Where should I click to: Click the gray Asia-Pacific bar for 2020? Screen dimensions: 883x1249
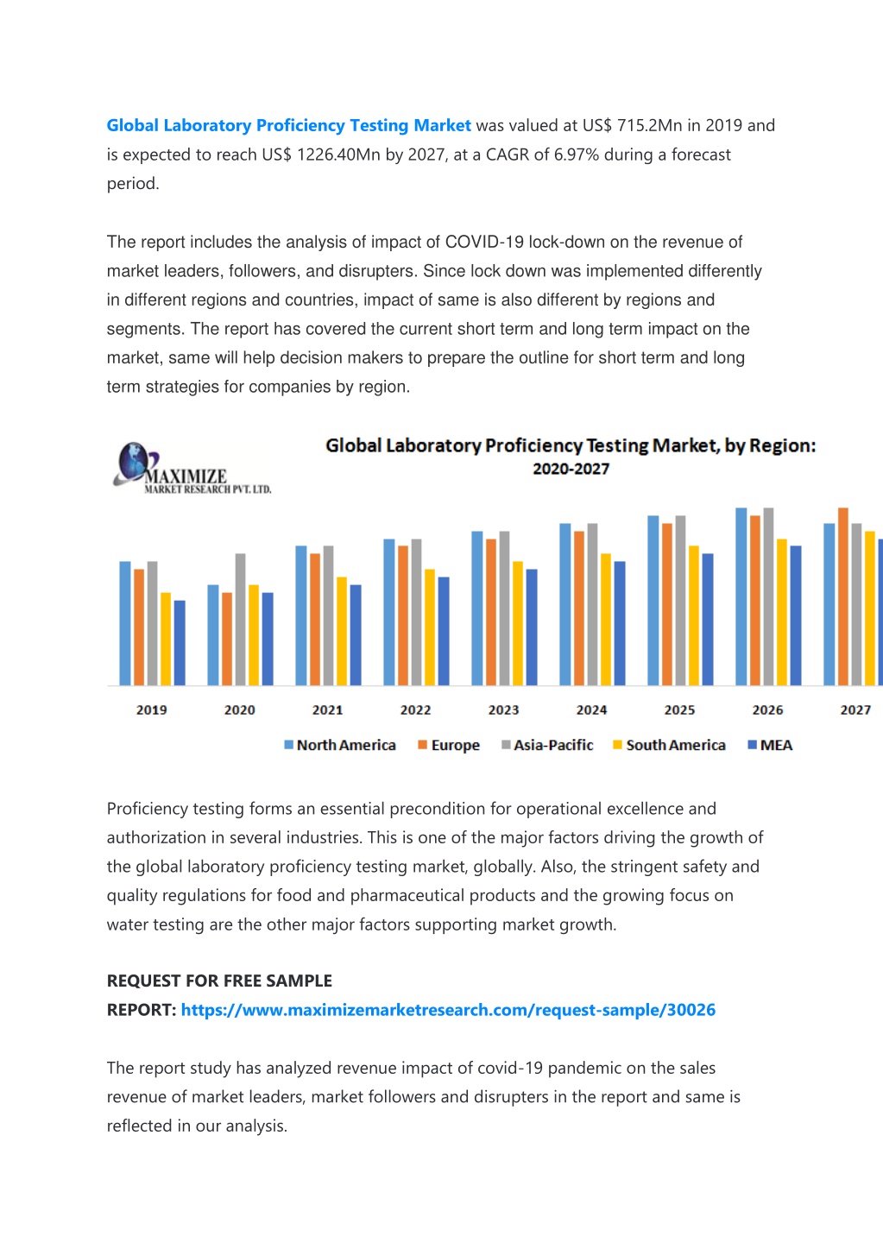[240, 619]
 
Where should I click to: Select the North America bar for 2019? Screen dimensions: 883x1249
[125, 623]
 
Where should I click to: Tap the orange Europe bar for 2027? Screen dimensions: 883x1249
[842, 596]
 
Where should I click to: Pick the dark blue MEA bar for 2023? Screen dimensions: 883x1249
[532, 627]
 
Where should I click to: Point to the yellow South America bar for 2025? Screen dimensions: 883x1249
[693, 615]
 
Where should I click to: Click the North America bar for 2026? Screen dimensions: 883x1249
[741, 596]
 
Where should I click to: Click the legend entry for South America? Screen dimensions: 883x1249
[669, 745]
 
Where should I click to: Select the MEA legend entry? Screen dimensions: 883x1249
[770, 745]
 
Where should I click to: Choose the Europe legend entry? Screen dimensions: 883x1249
[449, 745]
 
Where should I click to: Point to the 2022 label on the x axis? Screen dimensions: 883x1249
[415, 710]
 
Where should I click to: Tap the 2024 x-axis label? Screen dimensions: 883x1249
[591, 710]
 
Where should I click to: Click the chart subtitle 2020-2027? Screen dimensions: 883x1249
[571, 469]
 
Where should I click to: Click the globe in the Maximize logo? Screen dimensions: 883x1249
[133, 461]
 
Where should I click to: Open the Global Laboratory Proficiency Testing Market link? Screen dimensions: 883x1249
[289, 125]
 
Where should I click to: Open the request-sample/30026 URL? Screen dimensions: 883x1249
[448, 1010]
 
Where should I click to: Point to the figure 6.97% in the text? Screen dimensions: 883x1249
[577, 155]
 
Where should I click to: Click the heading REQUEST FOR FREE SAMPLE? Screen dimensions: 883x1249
[219, 981]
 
